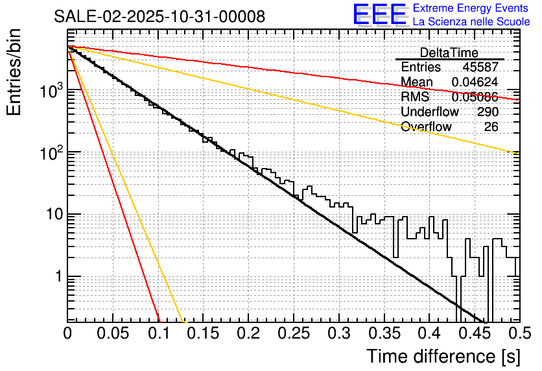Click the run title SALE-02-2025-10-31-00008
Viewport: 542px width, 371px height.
tap(159, 17)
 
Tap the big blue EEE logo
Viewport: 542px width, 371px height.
tap(379, 15)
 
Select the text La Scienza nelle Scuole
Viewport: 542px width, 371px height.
tap(471, 22)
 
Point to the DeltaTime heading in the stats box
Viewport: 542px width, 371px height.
tap(449, 53)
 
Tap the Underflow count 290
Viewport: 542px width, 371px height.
tap(488, 112)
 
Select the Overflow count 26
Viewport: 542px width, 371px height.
tap(491, 126)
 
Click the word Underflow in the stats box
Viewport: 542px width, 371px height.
tap(429, 112)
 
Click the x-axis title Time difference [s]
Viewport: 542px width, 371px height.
tap(443, 356)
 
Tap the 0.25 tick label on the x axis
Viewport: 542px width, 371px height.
tap(293, 333)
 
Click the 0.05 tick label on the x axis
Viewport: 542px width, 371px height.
tap(113, 333)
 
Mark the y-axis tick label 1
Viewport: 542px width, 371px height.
tap(56, 277)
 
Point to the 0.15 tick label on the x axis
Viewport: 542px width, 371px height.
tap(203, 333)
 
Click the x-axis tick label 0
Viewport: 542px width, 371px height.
tap(67, 333)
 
